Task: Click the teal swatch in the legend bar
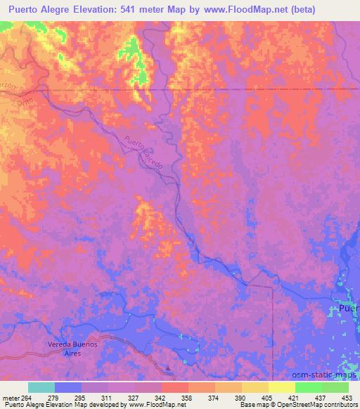pyautogui.click(x=41, y=387)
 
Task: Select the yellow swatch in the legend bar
pyautogui.click(x=281, y=387)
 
